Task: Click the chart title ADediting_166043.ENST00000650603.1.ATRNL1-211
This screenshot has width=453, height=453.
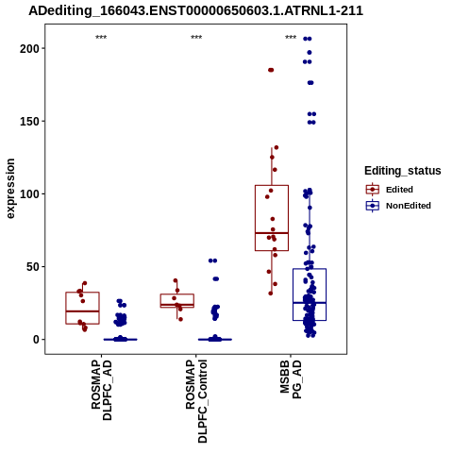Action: (x=195, y=10)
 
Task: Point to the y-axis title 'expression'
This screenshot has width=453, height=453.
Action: (x=10, y=189)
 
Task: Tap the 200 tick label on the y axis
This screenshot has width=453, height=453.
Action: (x=29, y=48)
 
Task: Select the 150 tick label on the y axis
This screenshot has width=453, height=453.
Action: (x=29, y=121)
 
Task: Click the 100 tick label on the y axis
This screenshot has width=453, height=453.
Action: (x=29, y=193)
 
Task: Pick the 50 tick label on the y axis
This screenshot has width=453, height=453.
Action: (x=32, y=266)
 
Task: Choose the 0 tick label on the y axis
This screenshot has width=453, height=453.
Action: (x=36, y=340)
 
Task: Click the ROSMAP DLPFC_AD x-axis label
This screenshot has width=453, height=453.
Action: (x=101, y=390)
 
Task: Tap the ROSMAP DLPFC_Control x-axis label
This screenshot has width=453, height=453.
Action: (x=196, y=401)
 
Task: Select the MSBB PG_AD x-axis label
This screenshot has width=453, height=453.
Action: (x=291, y=379)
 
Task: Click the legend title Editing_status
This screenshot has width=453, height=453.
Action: (x=403, y=171)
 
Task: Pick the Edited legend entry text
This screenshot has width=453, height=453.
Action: (x=399, y=190)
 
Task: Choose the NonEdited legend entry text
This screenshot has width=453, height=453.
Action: (x=409, y=206)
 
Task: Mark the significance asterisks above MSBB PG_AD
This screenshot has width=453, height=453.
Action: (x=291, y=37)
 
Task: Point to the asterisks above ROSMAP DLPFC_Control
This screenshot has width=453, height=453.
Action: (x=196, y=37)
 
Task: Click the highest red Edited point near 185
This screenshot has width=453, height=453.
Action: (x=271, y=70)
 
